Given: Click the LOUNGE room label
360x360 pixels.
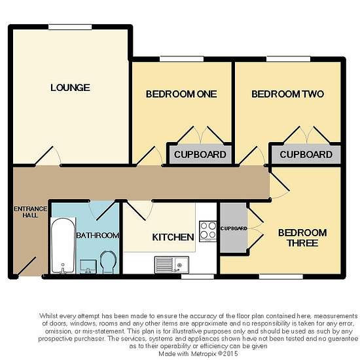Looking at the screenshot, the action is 70,88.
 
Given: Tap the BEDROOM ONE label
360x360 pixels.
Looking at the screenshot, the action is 181,94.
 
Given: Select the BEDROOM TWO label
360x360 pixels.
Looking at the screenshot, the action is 288,94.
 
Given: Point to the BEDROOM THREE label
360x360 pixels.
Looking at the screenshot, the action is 302,238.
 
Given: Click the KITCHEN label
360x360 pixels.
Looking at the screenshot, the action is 173,238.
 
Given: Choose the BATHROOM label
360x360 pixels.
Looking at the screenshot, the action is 98,236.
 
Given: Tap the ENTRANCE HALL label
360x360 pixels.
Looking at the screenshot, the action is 30,212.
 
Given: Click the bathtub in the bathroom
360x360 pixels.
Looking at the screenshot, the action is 63,245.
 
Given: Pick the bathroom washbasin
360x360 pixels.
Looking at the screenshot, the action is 88,266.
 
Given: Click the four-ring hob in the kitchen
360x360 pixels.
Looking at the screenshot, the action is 207,231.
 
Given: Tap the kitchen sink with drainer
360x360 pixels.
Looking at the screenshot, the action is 171,265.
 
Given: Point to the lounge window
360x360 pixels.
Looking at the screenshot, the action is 70,27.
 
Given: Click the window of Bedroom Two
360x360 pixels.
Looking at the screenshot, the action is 289,59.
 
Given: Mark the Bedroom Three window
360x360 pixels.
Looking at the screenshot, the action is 281,276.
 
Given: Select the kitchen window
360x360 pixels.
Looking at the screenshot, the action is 198,276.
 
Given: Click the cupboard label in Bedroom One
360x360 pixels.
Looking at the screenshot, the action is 200,154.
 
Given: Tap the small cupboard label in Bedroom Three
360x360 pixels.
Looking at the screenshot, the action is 234,228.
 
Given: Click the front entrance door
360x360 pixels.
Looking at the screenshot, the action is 26,267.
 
